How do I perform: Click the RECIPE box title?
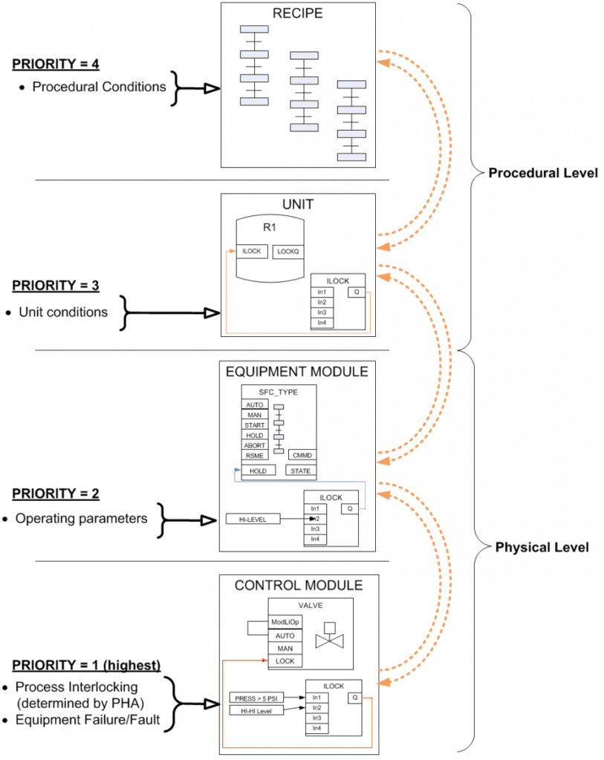tap(298, 13)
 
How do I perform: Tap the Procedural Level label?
tap(542, 173)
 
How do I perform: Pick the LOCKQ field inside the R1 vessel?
tap(288, 252)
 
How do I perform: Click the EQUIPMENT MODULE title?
tap(298, 371)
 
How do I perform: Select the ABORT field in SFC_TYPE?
tap(255, 445)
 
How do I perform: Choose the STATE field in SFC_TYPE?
tap(301, 471)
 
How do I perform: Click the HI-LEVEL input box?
tap(253, 518)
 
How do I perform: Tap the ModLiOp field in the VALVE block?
tap(285, 623)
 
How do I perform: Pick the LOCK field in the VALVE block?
tap(285, 660)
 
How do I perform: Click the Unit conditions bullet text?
tap(63, 312)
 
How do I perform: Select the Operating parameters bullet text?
tap(81, 519)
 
